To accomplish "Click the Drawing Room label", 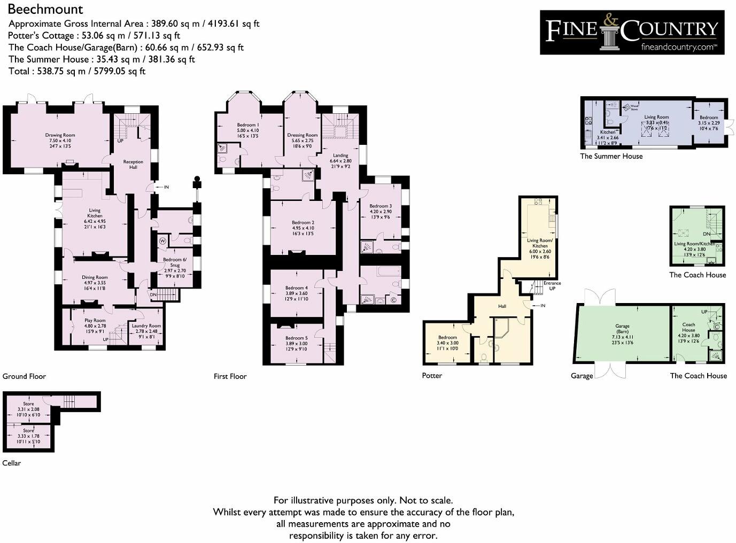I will [60, 135].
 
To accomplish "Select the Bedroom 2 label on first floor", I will [303, 222].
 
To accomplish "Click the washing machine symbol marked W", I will [162, 241].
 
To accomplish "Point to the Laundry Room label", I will [146, 325].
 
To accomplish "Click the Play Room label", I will [95, 321].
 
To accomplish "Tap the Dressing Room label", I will [302, 135].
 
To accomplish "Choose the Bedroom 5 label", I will [296, 338].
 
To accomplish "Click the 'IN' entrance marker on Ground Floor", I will [166, 187].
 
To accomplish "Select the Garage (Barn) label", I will [622, 326].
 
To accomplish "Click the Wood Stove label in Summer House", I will [634, 107].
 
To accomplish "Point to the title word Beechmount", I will [45, 9].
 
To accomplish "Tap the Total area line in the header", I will [77, 71].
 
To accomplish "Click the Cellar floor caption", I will [12, 463].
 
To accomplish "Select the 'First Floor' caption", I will [230, 376].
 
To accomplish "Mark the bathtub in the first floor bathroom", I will [384, 271].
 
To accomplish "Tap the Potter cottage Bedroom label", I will [447, 337].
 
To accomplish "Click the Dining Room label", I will [95, 277].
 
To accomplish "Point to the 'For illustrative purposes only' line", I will [363, 500].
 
